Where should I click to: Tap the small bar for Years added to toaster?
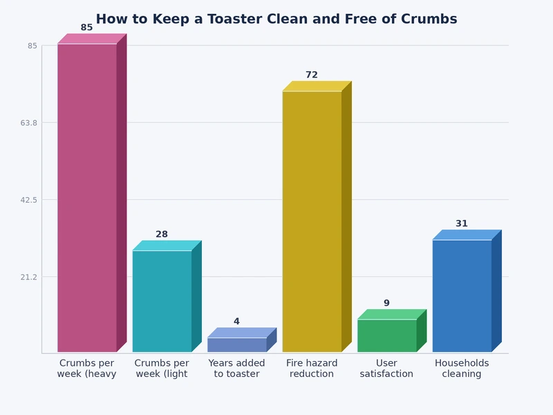pyautogui.click(x=236, y=344)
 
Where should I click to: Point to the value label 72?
pyautogui.click(x=312, y=75)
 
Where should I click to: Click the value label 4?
pyautogui.click(x=236, y=322)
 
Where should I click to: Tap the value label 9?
pyautogui.click(x=386, y=303)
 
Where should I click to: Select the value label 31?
pyautogui.click(x=462, y=223)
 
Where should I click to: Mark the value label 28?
pyautogui.click(x=162, y=234)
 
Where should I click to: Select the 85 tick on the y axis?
pyautogui.click(x=32, y=46)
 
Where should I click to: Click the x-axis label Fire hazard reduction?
pyautogui.click(x=312, y=369)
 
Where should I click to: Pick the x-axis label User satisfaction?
pyautogui.click(x=386, y=369)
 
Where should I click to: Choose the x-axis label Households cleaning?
pyautogui.click(x=462, y=369)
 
